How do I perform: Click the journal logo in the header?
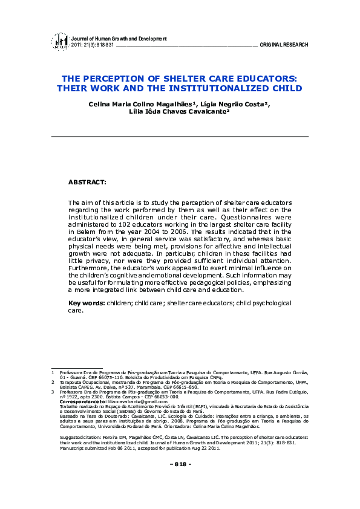(x=60, y=41)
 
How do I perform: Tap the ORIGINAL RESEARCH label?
(x=284, y=45)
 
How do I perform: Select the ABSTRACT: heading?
(x=87, y=181)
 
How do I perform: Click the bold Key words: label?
(x=87, y=302)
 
